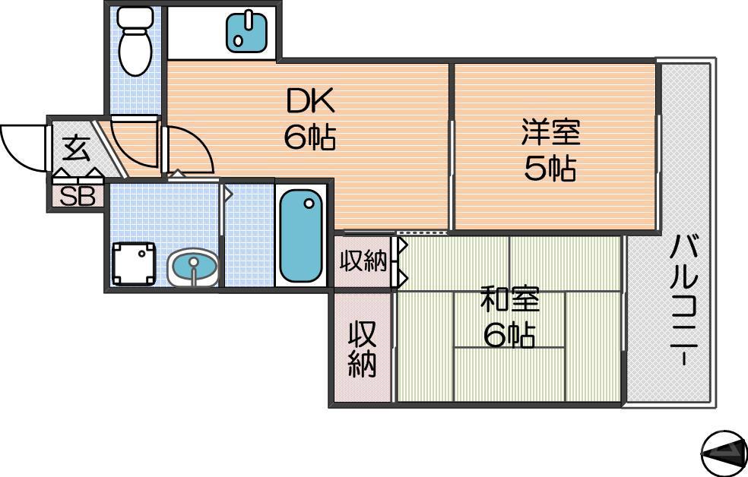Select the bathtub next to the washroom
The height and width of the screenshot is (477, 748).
[301, 235]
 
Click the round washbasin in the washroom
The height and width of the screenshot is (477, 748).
[192, 268]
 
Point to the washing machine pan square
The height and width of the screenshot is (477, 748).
[135, 264]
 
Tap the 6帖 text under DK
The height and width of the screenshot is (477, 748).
[309, 137]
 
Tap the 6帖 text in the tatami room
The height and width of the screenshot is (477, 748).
[509, 335]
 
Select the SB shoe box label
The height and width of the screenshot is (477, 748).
[78, 197]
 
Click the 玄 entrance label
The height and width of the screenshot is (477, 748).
[74, 147]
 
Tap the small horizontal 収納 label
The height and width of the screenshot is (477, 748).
[363, 263]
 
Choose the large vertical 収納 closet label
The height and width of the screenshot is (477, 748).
[362, 349]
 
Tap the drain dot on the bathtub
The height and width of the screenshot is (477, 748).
[309, 203]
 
